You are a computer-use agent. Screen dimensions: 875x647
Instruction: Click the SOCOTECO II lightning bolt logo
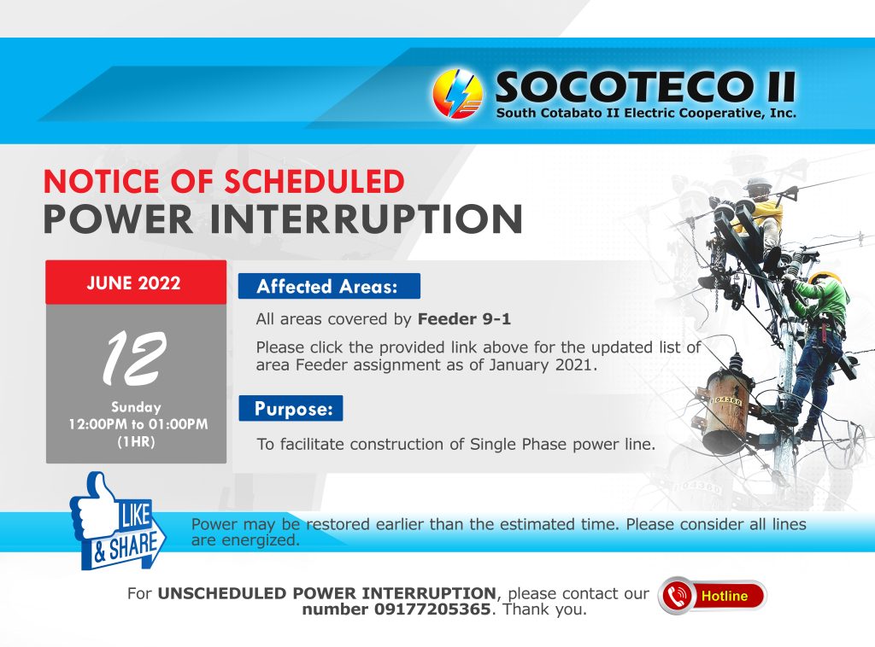(458, 94)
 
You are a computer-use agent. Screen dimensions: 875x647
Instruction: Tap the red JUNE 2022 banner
(136, 282)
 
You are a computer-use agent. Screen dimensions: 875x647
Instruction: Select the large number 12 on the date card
(135, 358)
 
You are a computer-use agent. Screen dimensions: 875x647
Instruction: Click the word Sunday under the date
(136, 407)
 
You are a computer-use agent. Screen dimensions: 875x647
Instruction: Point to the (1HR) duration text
(136, 442)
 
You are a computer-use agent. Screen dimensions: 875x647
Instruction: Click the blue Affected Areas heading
(329, 287)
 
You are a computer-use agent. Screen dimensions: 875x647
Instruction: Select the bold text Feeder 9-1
(464, 318)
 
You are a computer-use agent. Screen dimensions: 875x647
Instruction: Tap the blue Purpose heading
(291, 409)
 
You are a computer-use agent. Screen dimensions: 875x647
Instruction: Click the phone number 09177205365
(432, 609)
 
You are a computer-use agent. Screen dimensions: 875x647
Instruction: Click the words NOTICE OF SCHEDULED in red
(224, 181)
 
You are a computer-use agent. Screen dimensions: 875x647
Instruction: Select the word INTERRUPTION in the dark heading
(366, 219)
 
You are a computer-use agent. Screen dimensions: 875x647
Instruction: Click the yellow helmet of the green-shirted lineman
(825, 277)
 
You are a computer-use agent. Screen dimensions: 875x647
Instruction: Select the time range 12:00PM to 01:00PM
(138, 424)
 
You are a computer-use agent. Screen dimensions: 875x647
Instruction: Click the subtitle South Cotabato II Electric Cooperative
(646, 114)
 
